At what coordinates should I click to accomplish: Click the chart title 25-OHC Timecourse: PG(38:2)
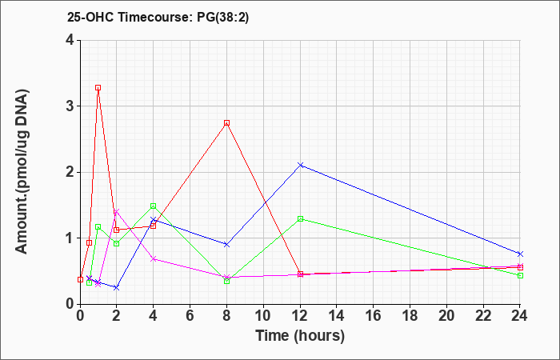[x=158, y=18]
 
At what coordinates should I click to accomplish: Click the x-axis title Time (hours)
[x=300, y=336]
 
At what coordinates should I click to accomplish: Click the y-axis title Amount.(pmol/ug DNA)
[x=22, y=172]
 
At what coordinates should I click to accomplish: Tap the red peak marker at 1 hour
[x=98, y=87]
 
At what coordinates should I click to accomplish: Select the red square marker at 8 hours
[x=226, y=123]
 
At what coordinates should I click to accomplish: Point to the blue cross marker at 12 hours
[x=300, y=165]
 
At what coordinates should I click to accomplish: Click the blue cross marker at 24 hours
[x=520, y=254]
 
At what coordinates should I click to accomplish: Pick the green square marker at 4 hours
[x=154, y=206]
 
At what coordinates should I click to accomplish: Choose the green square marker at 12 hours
[x=300, y=218]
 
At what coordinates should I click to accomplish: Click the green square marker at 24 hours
[x=520, y=275]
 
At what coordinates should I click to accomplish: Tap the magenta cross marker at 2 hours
[x=117, y=211]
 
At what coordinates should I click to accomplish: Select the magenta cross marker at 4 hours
[x=154, y=259]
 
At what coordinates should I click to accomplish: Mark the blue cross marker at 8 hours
[x=226, y=245]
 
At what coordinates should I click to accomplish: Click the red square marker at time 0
[x=80, y=279]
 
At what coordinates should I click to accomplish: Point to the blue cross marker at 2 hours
[x=117, y=287]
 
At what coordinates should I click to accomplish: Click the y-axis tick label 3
[x=70, y=106]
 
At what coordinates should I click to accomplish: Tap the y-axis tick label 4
[x=70, y=40]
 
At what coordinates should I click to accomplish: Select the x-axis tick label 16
[x=374, y=316]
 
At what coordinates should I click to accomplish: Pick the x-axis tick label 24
[x=520, y=316]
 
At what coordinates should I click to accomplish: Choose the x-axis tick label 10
[x=263, y=316]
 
